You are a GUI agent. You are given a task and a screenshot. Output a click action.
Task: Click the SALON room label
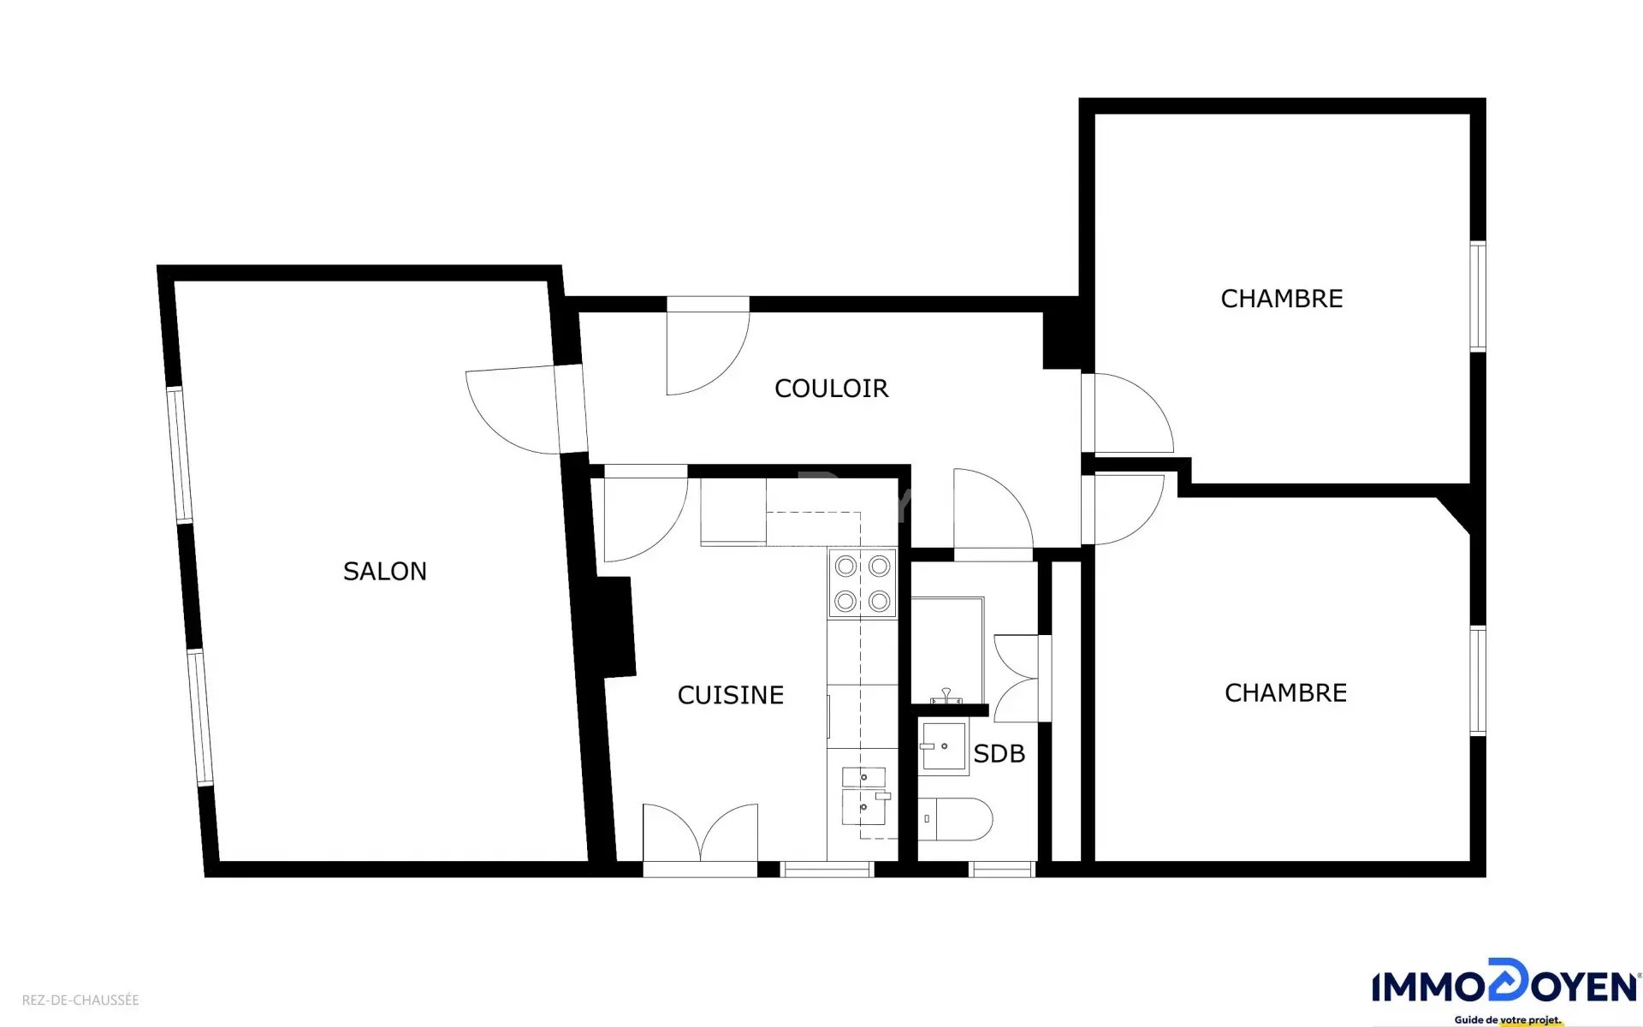click(385, 572)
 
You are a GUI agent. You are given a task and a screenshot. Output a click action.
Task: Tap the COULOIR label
click(832, 389)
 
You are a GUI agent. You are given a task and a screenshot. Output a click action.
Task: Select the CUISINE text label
click(731, 695)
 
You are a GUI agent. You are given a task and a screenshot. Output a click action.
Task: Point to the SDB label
click(999, 754)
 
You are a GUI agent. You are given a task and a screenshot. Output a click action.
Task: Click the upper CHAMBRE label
click(1282, 299)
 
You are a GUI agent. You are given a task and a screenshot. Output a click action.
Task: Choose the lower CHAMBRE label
click(1286, 693)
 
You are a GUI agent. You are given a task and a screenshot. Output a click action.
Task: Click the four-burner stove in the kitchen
click(863, 584)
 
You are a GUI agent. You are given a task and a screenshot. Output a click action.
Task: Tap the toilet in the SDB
click(955, 819)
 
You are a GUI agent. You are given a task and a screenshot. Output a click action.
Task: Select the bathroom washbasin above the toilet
click(944, 747)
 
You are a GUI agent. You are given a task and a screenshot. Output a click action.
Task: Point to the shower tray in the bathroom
click(947, 650)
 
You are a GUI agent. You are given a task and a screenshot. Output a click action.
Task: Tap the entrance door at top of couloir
click(709, 346)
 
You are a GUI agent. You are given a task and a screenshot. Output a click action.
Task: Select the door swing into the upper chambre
click(1128, 413)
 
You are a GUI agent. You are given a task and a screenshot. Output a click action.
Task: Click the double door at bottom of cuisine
click(700, 834)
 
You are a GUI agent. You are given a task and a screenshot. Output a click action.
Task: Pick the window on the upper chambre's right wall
click(1478, 296)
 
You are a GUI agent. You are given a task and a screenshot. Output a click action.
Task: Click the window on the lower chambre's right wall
click(1478, 680)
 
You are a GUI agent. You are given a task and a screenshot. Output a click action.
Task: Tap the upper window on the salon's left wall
click(180, 454)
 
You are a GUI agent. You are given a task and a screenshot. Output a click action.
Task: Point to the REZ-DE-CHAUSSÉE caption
click(80, 1000)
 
